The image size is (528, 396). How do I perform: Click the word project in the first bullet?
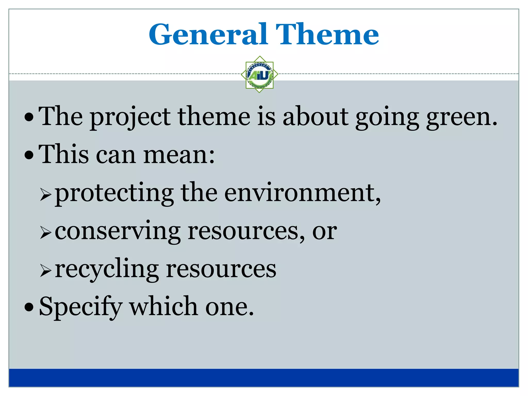pos(130,117)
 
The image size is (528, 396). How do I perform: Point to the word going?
pos(387,117)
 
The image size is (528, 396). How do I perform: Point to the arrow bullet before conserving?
pos(46,233)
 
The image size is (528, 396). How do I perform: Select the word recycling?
pos(107,270)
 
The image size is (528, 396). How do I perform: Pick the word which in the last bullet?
pos(163,307)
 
